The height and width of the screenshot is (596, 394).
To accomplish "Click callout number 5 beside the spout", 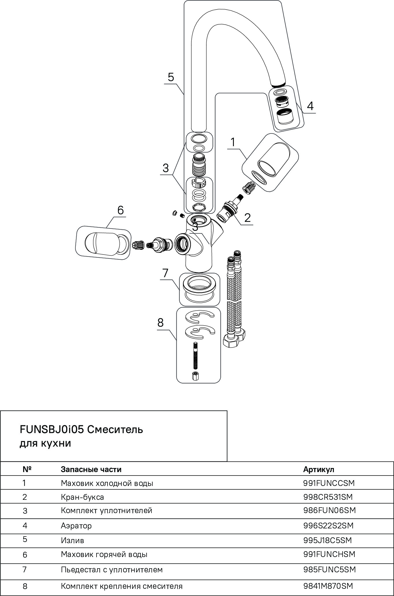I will coord(171,77).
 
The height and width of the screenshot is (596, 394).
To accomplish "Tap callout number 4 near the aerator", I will coord(310,106).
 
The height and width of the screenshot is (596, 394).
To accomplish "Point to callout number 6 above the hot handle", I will coord(120,210).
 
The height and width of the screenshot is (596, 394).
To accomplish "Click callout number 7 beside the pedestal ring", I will coord(165,273).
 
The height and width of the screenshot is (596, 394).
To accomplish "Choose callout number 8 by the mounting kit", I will coord(160,322).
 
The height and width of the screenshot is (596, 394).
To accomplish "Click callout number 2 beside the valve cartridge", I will coord(247,218).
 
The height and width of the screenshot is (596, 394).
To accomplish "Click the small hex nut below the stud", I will coord(196,376).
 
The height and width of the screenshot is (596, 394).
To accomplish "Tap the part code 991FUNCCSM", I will coord(329,483).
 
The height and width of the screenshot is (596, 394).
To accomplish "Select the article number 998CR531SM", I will coord(328,497).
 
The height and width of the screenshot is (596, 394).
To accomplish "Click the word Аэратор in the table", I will coord(76,526).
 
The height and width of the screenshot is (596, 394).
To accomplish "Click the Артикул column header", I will coord(319,469).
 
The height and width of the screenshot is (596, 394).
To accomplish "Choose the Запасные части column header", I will coord(91,469).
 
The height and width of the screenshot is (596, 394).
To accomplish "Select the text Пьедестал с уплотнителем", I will coord(112,570).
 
